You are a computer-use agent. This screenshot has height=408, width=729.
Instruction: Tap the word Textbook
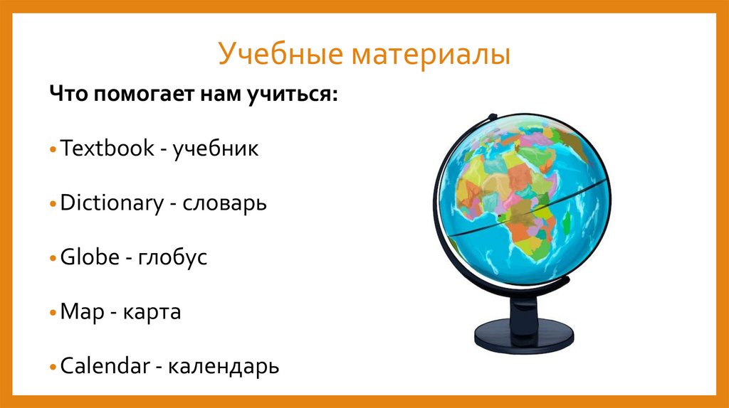[x=107, y=149]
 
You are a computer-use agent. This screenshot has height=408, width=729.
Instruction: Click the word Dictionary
[x=111, y=203]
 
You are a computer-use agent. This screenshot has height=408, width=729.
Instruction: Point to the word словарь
[x=225, y=203]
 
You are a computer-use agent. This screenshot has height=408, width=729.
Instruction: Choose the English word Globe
[x=89, y=257]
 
